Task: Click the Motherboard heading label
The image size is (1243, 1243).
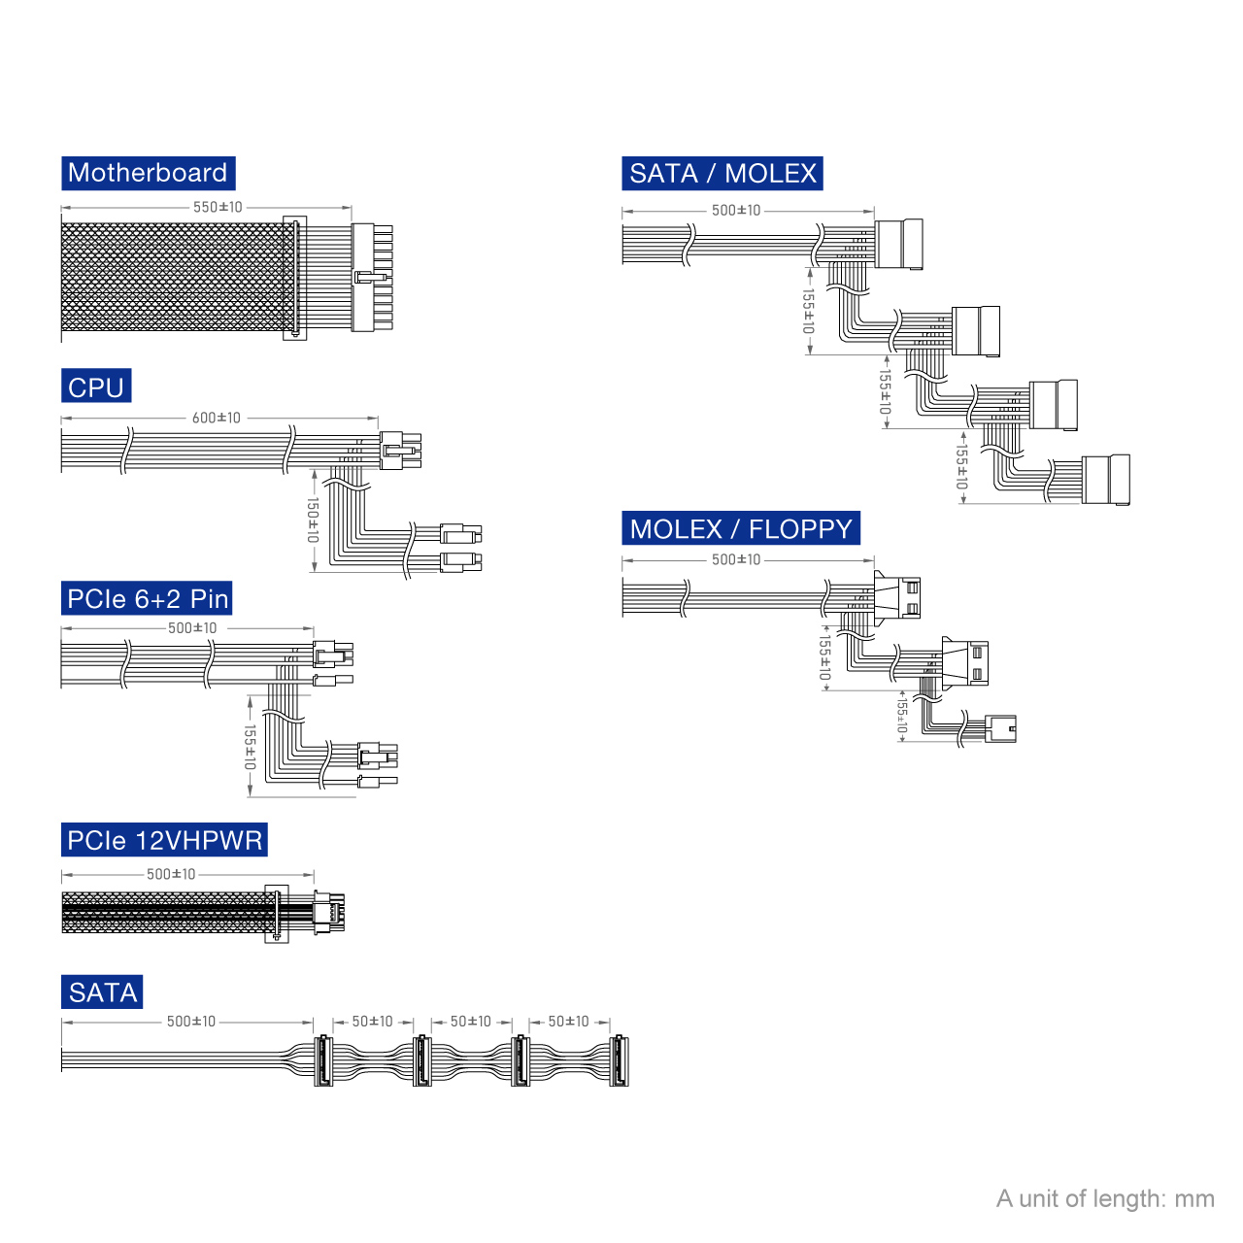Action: [x=148, y=173]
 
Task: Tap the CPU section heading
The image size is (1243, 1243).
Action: [x=96, y=386]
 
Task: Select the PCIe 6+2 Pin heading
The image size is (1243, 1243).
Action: [x=147, y=598]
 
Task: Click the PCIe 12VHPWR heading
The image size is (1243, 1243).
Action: [x=164, y=839]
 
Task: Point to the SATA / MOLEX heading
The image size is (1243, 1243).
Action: [x=722, y=173]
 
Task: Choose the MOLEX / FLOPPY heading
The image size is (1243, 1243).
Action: [x=741, y=527]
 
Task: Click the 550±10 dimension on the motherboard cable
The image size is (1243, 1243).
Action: [x=218, y=207]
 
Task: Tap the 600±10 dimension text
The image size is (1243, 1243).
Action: [x=217, y=418]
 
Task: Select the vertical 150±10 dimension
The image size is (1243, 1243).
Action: [x=312, y=520]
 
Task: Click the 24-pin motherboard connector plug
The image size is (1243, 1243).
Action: [x=372, y=278]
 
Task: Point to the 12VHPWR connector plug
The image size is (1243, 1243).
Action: [x=329, y=912]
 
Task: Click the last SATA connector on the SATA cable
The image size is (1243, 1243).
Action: [x=619, y=1060]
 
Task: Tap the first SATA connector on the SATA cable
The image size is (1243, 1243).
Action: [x=322, y=1060]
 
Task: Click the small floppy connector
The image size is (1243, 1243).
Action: [x=1000, y=728]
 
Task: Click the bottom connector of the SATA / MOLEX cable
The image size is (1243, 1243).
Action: [x=1106, y=480]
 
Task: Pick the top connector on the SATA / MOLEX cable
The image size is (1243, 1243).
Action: [x=898, y=244]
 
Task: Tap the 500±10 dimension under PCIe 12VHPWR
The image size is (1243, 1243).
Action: [x=171, y=874]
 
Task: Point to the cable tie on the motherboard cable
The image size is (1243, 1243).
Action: [x=295, y=278]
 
